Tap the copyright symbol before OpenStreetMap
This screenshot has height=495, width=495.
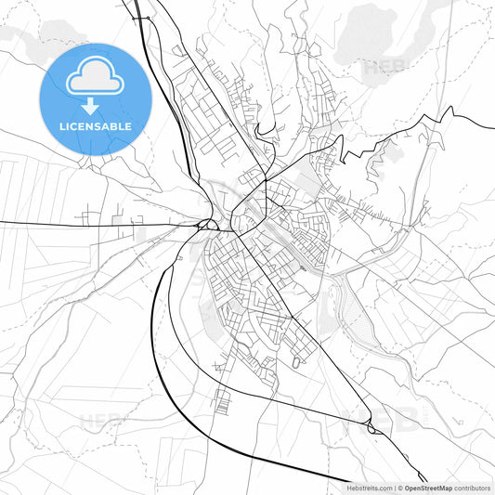[x=400, y=488]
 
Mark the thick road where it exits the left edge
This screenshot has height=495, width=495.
[x=3, y=223]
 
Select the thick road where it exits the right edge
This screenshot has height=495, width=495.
[x=491, y=127]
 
